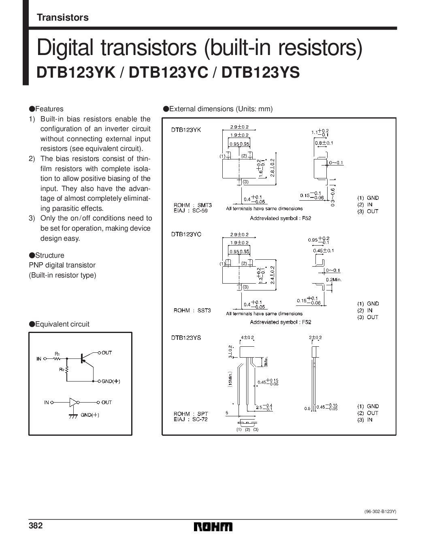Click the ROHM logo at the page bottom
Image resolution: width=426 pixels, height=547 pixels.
(x=213, y=527)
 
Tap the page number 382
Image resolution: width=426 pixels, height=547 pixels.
(x=36, y=526)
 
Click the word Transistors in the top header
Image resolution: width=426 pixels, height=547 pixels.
(x=63, y=17)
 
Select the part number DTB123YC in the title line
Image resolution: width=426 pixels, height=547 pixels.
(x=168, y=72)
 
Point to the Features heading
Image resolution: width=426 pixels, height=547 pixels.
(x=46, y=109)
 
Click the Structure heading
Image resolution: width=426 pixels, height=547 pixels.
(x=47, y=255)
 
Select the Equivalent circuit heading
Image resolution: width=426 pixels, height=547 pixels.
(x=59, y=324)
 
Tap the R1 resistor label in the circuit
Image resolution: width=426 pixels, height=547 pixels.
(x=57, y=354)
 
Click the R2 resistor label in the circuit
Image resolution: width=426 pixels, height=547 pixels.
(x=62, y=369)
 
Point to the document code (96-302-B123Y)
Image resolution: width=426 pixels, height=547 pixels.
(x=380, y=511)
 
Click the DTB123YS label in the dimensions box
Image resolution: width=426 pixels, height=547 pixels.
(x=186, y=338)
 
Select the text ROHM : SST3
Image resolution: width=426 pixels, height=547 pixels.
(x=192, y=310)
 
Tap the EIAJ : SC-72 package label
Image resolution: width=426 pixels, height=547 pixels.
(x=190, y=419)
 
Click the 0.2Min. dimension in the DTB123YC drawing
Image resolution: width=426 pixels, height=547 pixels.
(x=334, y=280)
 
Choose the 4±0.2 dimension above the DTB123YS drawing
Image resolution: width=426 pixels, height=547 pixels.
(x=247, y=337)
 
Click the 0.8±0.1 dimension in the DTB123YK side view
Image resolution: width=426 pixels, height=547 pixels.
(x=324, y=143)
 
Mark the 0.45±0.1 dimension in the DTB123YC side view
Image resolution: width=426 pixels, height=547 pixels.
(x=324, y=250)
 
